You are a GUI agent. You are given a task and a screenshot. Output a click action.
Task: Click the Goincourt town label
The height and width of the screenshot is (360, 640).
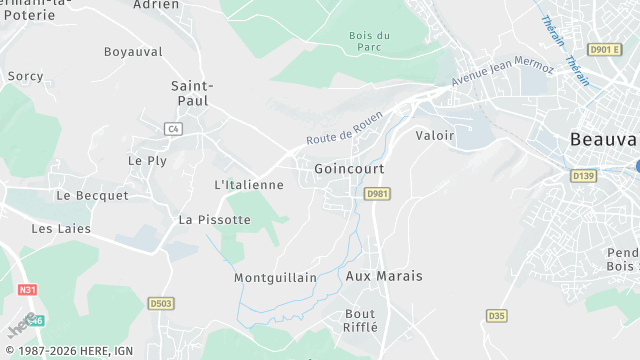349,169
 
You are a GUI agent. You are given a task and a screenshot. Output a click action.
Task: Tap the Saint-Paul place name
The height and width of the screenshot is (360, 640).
190,93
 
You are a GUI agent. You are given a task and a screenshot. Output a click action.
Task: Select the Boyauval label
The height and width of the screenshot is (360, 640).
133,51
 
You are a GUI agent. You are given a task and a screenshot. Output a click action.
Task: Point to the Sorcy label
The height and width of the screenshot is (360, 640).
25,76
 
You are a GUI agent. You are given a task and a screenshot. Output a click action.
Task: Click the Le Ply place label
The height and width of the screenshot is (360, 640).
147,160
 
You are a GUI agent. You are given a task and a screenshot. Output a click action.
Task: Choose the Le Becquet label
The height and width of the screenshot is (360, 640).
92,196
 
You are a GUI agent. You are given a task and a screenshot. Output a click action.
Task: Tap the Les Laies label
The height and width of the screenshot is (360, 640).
61,229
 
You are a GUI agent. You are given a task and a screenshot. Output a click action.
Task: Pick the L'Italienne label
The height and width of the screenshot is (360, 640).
249,185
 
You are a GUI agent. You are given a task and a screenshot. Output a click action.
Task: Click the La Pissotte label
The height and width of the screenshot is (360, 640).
214,219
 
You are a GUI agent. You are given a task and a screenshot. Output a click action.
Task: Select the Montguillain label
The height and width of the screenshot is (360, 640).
275,277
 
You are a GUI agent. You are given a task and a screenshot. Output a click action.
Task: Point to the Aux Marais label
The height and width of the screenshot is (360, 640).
384,275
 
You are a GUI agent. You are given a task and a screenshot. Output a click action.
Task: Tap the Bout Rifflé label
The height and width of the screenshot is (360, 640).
361,320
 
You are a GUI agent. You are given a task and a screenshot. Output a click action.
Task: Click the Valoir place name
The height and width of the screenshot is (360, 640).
434,135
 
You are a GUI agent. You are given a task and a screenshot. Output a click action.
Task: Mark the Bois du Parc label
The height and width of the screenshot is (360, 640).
369,41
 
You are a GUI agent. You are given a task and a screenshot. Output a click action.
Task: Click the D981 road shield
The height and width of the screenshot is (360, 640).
376,194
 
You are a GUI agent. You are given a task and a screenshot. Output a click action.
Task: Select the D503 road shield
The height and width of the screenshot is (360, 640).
161,303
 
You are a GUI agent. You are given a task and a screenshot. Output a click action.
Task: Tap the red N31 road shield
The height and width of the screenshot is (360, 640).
27,290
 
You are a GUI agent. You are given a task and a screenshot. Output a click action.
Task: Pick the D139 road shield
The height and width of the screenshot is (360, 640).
583,175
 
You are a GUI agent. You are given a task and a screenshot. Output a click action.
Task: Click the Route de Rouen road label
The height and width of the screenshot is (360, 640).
344,128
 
